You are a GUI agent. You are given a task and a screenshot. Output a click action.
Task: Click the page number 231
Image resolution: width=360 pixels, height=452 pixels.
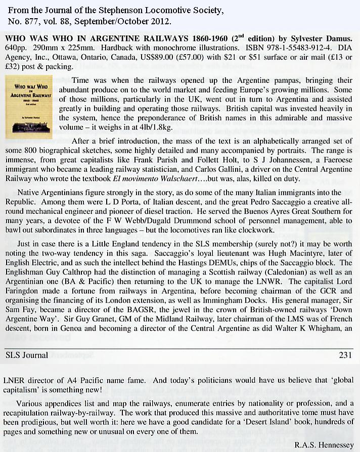pos(345,355)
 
